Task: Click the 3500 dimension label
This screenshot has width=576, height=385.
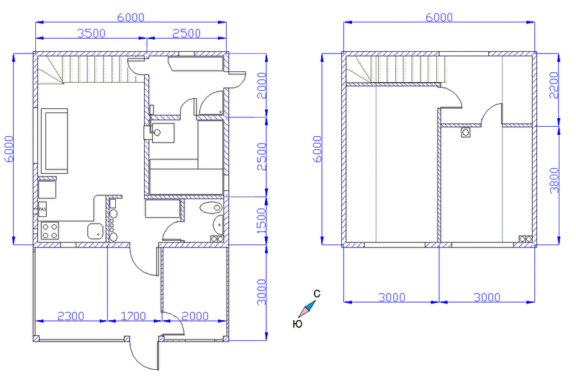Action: (91, 33)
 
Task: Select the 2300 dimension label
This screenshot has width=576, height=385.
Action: (71, 316)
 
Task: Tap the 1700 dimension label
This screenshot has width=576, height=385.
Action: (133, 316)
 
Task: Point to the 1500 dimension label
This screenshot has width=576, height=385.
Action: (261, 221)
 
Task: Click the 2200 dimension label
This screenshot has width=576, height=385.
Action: (554, 85)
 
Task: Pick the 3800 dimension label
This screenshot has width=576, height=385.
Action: (554, 180)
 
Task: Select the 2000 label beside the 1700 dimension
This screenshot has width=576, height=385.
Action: (195, 316)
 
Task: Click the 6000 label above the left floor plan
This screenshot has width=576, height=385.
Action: (131, 17)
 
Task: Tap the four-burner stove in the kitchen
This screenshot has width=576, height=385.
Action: (50, 231)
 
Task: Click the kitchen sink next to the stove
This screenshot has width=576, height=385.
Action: (95, 231)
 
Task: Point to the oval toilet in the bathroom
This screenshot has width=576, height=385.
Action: (211, 208)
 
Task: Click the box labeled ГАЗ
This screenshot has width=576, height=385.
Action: (42, 209)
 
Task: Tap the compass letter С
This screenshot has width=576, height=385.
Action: (317, 293)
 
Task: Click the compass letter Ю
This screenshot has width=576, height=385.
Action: (297, 324)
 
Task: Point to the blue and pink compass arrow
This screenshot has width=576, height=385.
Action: (307, 309)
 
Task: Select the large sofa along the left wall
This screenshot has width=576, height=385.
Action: (55, 141)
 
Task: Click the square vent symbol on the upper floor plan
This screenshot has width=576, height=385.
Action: (466, 133)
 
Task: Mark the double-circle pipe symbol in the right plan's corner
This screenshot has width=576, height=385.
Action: (526, 239)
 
